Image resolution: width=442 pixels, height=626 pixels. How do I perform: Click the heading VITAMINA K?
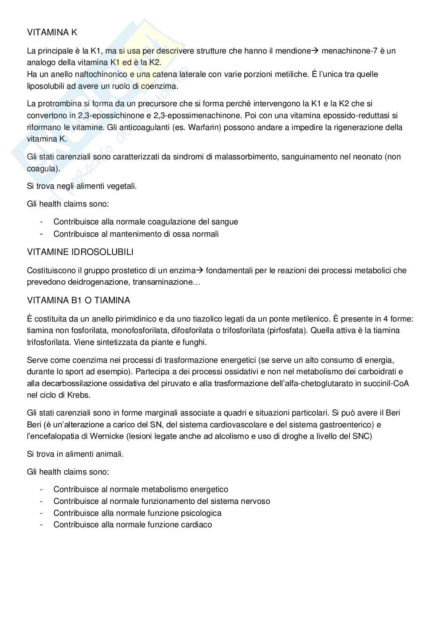click(x=52, y=33)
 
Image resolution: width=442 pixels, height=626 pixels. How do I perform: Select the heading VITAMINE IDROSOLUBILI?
click(x=80, y=252)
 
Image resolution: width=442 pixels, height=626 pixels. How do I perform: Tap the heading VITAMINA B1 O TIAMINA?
click(x=78, y=301)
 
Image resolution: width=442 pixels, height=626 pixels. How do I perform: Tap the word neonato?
click(x=368, y=157)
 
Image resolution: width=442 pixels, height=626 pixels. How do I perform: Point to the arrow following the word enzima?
click(x=200, y=271)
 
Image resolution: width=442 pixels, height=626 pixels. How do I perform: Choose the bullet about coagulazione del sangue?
click(x=146, y=222)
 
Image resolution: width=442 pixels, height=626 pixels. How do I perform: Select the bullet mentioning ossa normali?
click(x=136, y=234)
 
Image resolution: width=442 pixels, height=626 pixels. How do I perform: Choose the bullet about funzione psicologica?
click(x=137, y=513)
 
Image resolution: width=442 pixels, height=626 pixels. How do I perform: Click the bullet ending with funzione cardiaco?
click(x=133, y=525)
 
